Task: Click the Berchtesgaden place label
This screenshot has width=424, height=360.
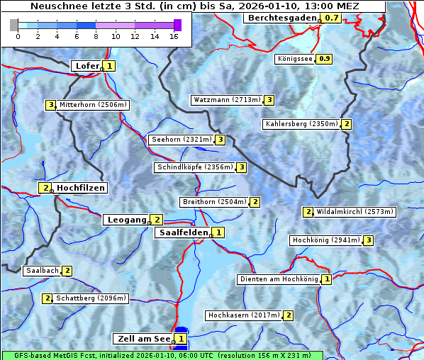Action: [x=281, y=17]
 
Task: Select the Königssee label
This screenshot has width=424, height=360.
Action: [x=295, y=59]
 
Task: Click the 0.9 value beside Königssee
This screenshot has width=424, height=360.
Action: [x=325, y=59]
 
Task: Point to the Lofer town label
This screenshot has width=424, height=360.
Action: [x=87, y=66]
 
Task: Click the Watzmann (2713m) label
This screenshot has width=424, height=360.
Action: [x=227, y=100]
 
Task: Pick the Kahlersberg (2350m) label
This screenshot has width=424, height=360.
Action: [x=301, y=124]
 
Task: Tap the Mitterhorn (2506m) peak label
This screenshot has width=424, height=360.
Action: [x=93, y=105]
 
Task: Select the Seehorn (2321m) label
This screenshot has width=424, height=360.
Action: [x=182, y=140]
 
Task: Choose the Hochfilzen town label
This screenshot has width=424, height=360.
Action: [x=81, y=188]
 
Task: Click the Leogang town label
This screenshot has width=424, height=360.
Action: [x=126, y=220]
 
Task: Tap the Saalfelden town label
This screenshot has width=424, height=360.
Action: [x=183, y=232]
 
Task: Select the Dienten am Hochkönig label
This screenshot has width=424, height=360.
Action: [x=278, y=279]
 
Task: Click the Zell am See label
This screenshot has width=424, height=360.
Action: [x=143, y=339]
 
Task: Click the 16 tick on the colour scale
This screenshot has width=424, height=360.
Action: [x=174, y=36]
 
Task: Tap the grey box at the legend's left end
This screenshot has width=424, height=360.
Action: [x=14, y=25]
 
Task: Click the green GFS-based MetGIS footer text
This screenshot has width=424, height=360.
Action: [x=162, y=355]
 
